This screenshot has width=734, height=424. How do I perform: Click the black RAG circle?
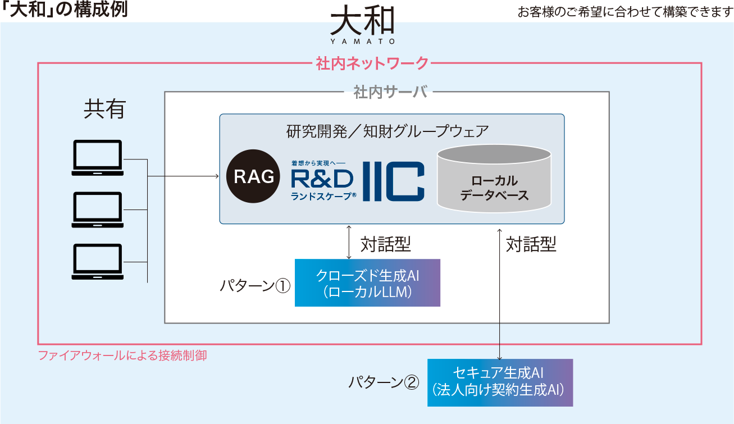(x=254, y=177)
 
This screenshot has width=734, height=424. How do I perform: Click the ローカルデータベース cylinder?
(x=494, y=178)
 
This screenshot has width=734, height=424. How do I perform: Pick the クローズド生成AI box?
(x=367, y=283)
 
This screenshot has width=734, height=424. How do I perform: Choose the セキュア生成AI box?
(x=500, y=382)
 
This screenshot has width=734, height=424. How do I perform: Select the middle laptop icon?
(x=98, y=209)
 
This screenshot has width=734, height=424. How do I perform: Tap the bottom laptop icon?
(x=98, y=261)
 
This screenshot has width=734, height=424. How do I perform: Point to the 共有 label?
(x=104, y=110)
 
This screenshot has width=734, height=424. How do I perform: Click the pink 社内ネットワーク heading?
(x=372, y=63)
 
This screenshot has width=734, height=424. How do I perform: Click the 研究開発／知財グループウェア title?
(x=387, y=132)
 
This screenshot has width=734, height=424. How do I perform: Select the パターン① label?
(x=254, y=286)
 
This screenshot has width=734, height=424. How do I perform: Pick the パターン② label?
(x=384, y=382)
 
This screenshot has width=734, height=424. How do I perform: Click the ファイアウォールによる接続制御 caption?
(x=122, y=355)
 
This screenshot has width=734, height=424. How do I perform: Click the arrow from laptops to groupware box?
(x=183, y=176)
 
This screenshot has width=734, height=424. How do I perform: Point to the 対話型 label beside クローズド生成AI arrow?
(x=386, y=244)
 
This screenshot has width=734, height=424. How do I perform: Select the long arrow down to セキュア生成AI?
(x=499, y=292)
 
